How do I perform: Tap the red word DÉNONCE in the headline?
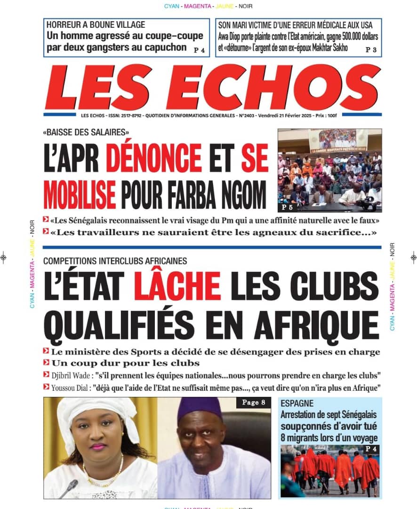[x=153, y=158]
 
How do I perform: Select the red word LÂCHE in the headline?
[x=177, y=285]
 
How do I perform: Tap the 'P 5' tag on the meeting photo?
[x=287, y=207]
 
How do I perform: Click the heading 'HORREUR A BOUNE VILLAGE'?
[x=96, y=25]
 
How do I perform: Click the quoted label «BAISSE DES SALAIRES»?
[x=86, y=132]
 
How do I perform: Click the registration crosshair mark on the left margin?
[x=4, y=257]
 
